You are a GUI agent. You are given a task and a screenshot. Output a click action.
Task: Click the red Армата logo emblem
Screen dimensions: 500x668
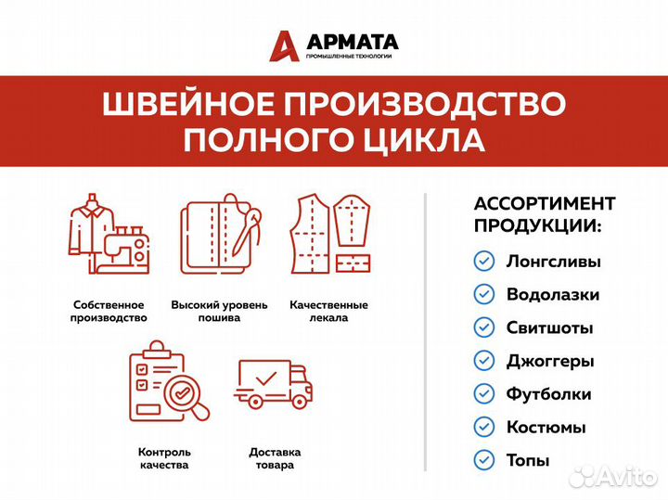[x=285, y=45]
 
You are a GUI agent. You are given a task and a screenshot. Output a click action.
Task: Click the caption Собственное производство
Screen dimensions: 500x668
[x=109, y=311]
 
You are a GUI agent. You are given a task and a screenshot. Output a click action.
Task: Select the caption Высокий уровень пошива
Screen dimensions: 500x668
[x=219, y=311]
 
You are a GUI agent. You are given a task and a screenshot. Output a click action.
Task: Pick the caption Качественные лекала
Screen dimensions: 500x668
[x=328, y=311]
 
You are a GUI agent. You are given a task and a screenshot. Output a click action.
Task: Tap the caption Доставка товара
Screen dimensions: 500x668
[x=274, y=458]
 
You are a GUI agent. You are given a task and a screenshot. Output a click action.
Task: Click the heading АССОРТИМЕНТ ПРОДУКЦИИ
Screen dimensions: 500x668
[x=544, y=215]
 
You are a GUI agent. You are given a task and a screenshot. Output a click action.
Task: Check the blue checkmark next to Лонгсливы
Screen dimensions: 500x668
[x=483, y=262]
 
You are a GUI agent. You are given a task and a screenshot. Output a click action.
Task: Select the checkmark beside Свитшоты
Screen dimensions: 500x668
[x=483, y=327]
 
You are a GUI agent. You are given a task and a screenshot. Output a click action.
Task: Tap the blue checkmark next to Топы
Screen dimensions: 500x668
[x=483, y=459]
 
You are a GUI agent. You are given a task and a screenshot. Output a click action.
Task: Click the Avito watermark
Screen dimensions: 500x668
[x=613, y=477]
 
